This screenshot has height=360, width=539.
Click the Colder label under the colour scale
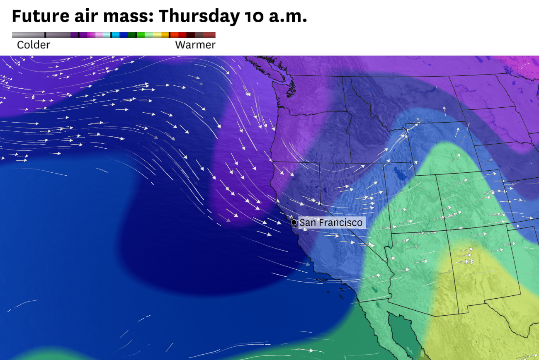[x=33, y=45]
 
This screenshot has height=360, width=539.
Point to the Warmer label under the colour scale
[x=195, y=45]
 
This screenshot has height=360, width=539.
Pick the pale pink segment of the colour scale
[x=99, y=35]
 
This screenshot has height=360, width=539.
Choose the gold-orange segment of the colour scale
[x=165, y=35]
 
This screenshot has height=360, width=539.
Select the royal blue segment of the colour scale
[x=124, y=35]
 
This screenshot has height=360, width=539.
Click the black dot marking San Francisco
[x=294, y=222]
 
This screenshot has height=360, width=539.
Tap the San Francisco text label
[x=330, y=222]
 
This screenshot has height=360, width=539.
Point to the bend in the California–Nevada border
[x=320, y=203]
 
